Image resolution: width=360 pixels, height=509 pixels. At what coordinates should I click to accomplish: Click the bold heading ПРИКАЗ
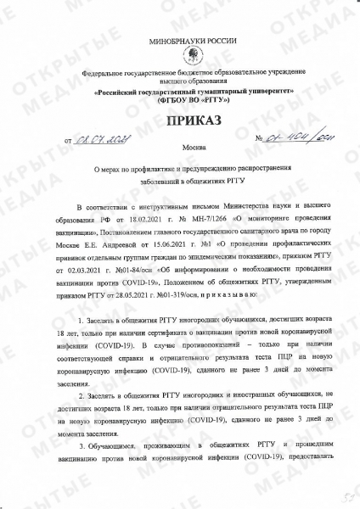click(x=181, y=121)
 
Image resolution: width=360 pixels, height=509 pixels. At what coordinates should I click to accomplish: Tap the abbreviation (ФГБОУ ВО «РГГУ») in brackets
click(x=181, y=98)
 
